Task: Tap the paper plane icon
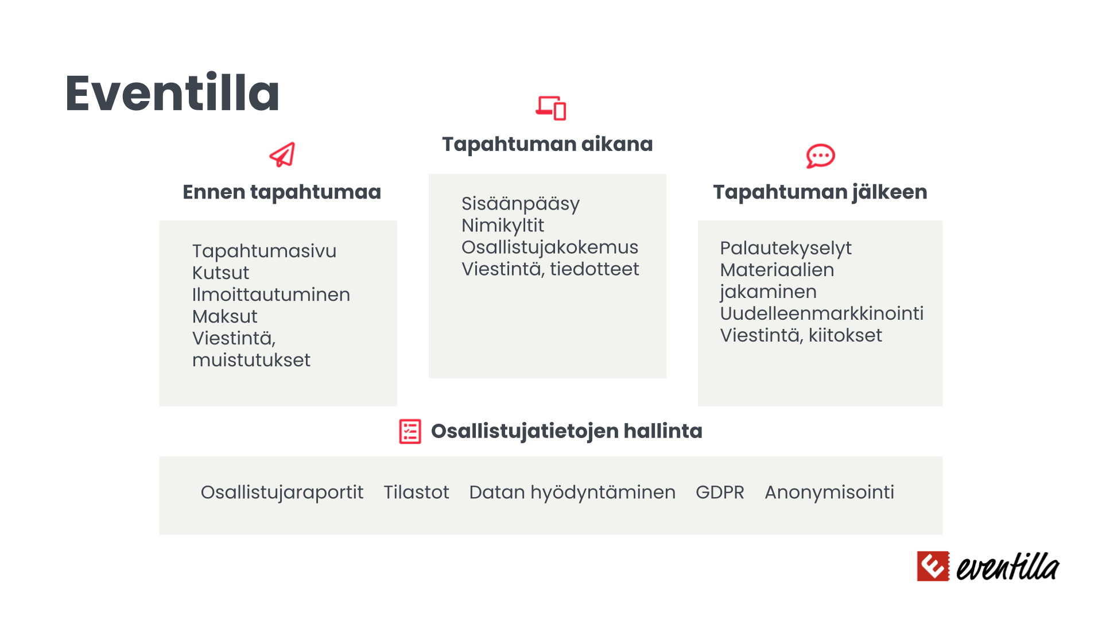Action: click(282, 155)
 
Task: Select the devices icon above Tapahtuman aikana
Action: click(551, 108)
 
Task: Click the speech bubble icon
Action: click(820, 156)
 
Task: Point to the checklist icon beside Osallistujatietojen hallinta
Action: click(410, 431)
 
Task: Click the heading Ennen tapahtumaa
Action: click(282, 192)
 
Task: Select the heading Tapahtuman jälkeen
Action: click(820, 192)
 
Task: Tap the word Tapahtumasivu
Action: click(264, 251)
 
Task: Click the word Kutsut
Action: click(220, 273)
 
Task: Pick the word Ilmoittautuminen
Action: click(271, 294)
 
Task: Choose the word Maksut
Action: click(224, 316)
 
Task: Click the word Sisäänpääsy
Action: click(521, 204)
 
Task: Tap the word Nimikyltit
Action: click(503, 226)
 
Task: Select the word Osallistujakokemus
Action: click(550, 247)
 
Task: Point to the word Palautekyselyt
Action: click(786, 249)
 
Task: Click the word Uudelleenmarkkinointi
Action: click(822, 313)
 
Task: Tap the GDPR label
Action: click(720, 493)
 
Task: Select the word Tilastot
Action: click(416, 493)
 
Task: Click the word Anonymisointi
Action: click(829, 493)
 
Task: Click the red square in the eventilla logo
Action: click(933, 566)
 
